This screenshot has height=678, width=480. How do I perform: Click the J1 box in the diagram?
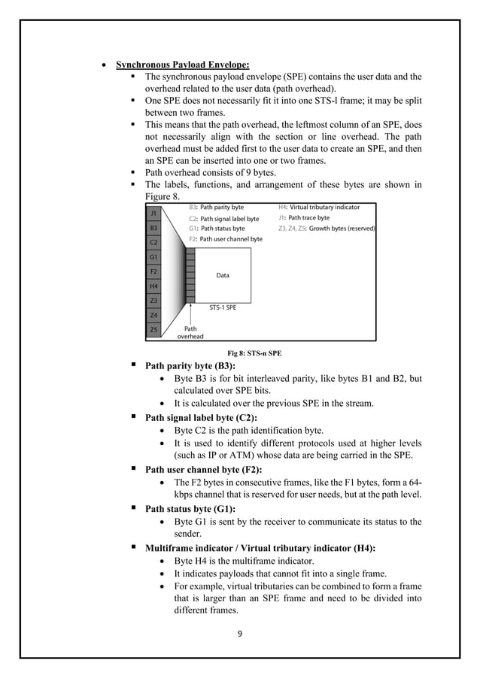click(x=153, y=213)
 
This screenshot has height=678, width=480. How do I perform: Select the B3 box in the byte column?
click(x=153, y=228)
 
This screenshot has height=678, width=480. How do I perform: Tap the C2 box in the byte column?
click(x=153, y=242)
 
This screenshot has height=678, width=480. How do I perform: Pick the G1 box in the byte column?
click(x=153, y=257)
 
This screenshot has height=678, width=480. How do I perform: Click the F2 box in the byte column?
click(x=153, y=271)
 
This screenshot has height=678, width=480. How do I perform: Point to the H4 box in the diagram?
click(x=153, y=286)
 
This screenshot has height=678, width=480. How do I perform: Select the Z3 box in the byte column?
click(x=153, y=301)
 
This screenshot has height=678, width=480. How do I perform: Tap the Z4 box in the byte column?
click(x=153, y=315)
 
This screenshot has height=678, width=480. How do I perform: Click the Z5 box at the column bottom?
click(x=153, y=329)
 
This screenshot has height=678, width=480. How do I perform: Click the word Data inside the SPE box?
click(x=223, y=276)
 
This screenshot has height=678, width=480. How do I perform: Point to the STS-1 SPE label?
click(x=223, y=307)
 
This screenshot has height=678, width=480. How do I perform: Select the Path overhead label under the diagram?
click(x=190, y=332)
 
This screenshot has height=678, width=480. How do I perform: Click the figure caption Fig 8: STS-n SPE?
click(x=254, y=353)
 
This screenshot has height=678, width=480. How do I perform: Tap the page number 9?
click(x=239, y=634)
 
